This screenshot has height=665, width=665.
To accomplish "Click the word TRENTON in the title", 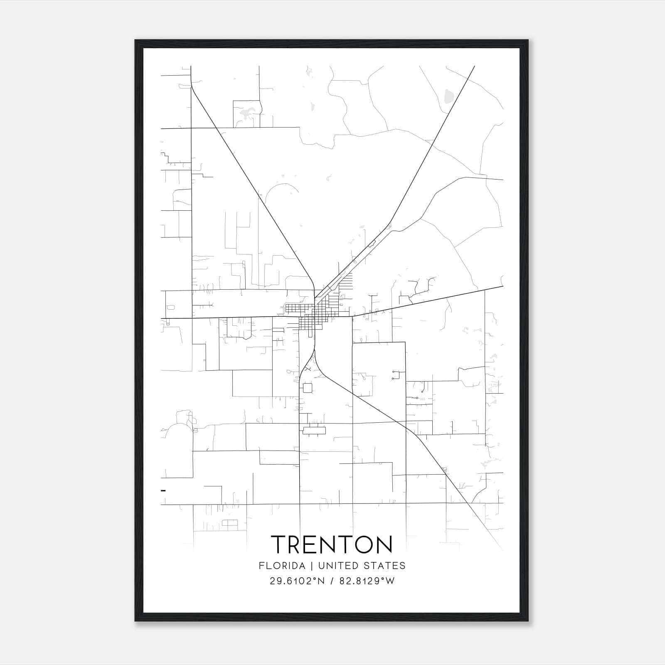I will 332,544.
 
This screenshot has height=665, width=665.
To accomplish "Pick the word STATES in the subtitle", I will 385,566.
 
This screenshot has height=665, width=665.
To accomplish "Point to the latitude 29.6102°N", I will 296,581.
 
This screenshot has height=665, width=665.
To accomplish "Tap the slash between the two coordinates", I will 332,581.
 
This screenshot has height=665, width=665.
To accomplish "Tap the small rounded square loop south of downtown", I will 308,388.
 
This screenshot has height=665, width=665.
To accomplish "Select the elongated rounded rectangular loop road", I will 314,431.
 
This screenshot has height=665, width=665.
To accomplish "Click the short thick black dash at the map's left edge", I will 163,490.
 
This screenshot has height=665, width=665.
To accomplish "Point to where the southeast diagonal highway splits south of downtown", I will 315,352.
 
